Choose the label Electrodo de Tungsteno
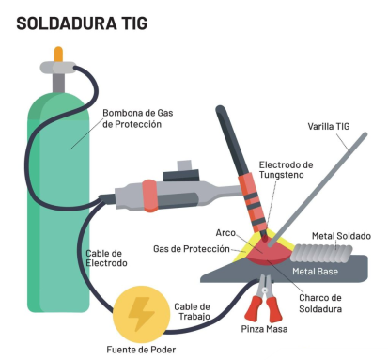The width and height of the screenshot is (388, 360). (x=288, y=170)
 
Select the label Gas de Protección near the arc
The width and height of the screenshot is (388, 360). (x=192, y=249)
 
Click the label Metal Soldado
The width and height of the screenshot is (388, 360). (x=341, y=235)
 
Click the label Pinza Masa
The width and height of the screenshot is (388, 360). (x=266, y=330)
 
